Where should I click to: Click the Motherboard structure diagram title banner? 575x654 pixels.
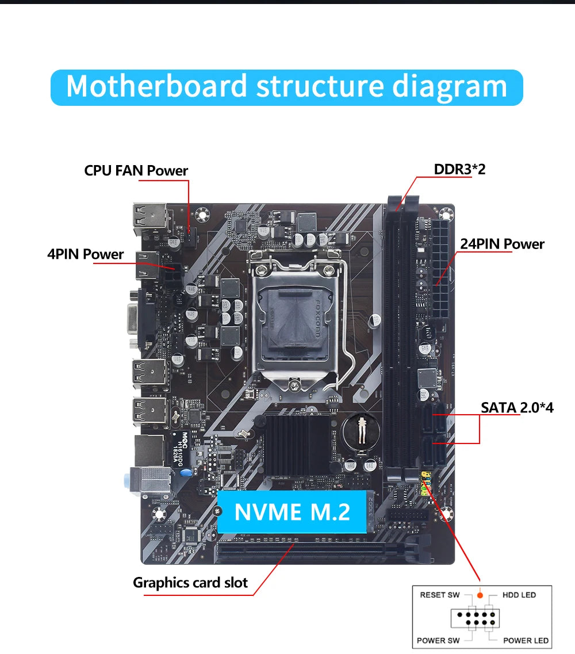[x=286, y=87]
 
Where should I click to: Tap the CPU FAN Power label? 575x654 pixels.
[x=136, y=171]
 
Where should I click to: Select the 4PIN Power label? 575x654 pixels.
[x=85, y=254]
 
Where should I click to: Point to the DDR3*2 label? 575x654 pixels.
[x=459, y=169]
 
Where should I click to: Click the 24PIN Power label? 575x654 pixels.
[x=502, y=244]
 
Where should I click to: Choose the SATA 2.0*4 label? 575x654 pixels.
[x=517, y=408]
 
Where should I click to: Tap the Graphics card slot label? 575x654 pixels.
[x=190, y=583]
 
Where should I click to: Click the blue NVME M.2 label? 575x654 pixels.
[x=292, y=511]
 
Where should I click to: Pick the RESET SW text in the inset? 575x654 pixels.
[x=440, y=595]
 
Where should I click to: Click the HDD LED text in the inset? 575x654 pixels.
[x=519, y=595]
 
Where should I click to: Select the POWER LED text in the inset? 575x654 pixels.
[x=526, y=640]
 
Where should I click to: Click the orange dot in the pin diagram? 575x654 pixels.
[x=480, y=595]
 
